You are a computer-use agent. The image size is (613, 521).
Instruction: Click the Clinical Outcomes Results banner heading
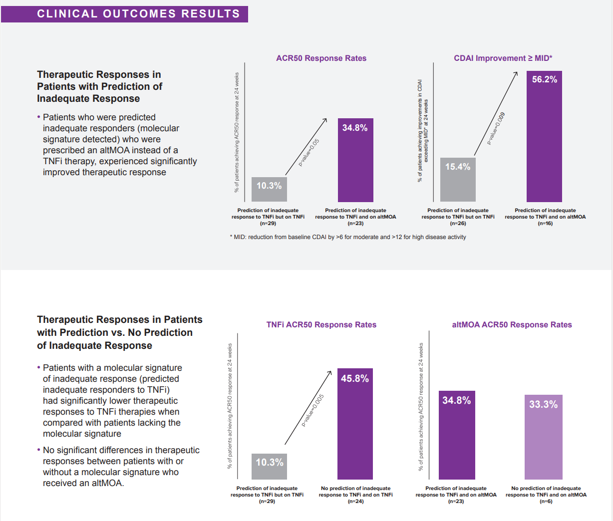tap(138, 14)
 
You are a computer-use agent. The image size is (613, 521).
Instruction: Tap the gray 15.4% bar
tap(458, 180)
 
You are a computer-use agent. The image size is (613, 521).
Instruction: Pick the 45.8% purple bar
tap(355, 424)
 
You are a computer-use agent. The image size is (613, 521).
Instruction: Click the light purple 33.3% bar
tap(543, 437)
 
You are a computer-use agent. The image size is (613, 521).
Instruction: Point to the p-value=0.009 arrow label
tap(497, 129)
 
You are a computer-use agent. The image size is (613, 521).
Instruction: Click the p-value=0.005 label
tap(313, 410)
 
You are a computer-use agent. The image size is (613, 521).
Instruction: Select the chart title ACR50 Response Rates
tap(321, 58)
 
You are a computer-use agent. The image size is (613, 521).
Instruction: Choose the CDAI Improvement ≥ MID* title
tap(503, 58)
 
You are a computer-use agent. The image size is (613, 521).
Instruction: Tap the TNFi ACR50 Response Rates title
tap(321, 325)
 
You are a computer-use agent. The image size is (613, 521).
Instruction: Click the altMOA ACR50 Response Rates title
tap(512, 325)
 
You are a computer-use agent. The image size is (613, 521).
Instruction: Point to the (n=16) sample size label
tap(545, 224)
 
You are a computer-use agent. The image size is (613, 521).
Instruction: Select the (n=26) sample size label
tap(458, 224)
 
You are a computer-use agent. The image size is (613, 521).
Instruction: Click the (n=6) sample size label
tap(546, 502)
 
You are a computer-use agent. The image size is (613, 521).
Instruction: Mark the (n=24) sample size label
tap(355, 502)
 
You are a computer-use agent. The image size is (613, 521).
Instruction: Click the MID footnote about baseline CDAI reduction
tap(348, 237)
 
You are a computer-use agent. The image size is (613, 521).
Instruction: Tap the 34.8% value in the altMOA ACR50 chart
tap(456, 400)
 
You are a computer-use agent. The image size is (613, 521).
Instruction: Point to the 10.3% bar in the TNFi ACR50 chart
tap(269, 467)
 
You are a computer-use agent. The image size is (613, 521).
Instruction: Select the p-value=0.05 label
tap(309, 152)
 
